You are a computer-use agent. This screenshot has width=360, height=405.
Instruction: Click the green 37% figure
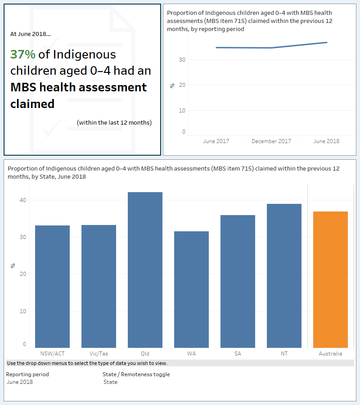tap(22, 54)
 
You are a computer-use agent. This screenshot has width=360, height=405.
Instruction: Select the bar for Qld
tap(145, 270)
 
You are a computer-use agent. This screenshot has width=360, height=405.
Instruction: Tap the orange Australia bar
tap(330, 279)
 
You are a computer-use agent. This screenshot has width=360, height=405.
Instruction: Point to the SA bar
tap(238, 281)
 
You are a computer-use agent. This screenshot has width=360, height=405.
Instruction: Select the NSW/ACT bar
tap(52, 286)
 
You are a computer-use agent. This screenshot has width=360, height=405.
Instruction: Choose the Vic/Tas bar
tap(99, 286)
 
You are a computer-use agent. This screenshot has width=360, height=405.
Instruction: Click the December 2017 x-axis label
tap(271, 141)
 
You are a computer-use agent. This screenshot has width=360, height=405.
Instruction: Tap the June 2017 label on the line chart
tap(216, 141)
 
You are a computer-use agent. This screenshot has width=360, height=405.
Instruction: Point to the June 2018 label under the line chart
tap(326, 141)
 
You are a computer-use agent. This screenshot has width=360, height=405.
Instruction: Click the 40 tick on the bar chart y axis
tap(22, 200)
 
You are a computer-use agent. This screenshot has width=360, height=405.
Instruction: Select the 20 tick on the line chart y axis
tap(182, 85)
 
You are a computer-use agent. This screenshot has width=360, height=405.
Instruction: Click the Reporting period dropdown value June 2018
tap(20, 382)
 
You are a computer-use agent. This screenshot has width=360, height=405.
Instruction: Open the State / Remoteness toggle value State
tap(110, 382)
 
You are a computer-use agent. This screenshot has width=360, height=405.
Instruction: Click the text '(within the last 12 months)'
tap(114, 122)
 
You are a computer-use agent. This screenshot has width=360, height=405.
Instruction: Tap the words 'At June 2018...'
tap(31, 34)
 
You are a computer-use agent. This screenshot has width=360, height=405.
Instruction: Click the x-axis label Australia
tap(330, 354)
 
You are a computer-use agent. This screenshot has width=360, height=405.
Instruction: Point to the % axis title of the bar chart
tap(13, 266)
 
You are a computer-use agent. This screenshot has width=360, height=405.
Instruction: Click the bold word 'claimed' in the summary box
tap(32, 104)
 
